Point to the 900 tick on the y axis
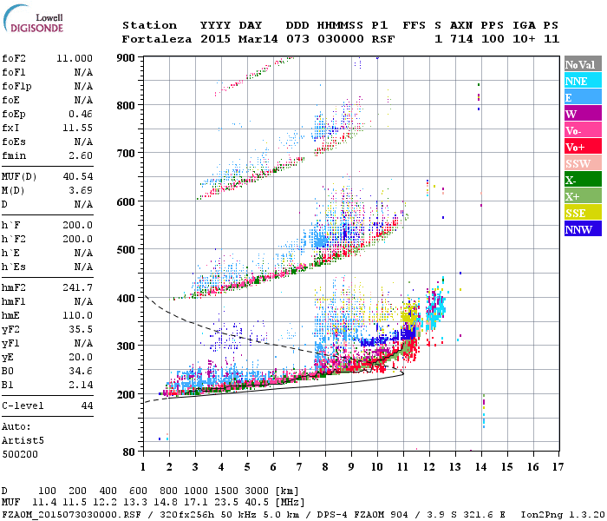(x=127, y=57)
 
